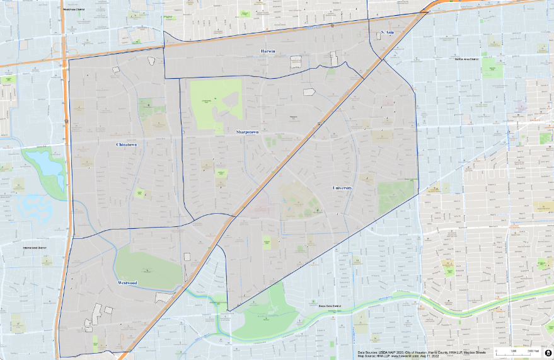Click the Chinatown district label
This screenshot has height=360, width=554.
tap(127, 144)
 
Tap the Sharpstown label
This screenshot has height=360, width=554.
tap(247, 132)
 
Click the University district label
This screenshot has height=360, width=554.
tap(342, 188)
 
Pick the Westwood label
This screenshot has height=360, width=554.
tap(127, 283)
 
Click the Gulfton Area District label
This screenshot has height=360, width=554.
tap(467, 59)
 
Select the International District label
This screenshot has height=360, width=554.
tap(35, 248)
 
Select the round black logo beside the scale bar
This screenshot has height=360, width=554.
tap(548, 352)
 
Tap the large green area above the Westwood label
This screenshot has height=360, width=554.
tap(148, 265)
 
